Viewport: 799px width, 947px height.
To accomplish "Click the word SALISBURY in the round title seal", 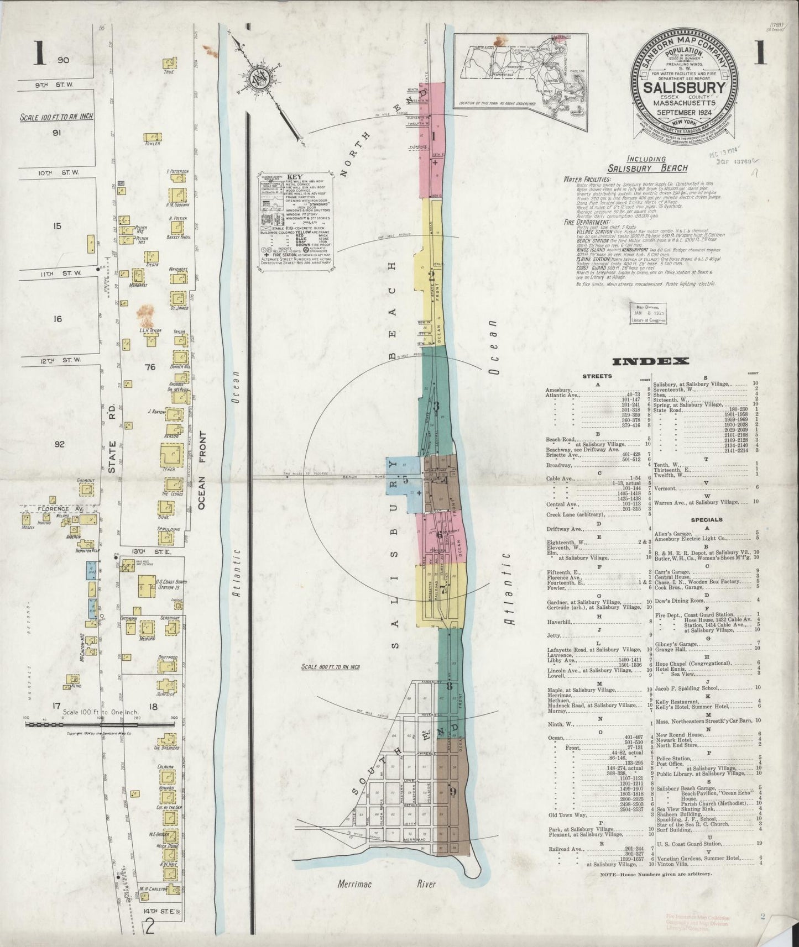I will coord(685,89).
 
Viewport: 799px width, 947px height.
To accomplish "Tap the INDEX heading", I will coord(650,361).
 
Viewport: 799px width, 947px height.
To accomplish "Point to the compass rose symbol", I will coord(258,77).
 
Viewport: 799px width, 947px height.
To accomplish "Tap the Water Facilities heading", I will coord(587,180).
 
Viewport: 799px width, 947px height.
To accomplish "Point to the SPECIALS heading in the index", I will coord(706,520).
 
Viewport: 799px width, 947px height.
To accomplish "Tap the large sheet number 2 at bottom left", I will coord(150,926).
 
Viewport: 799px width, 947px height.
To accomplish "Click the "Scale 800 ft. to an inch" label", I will coord(331,667).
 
